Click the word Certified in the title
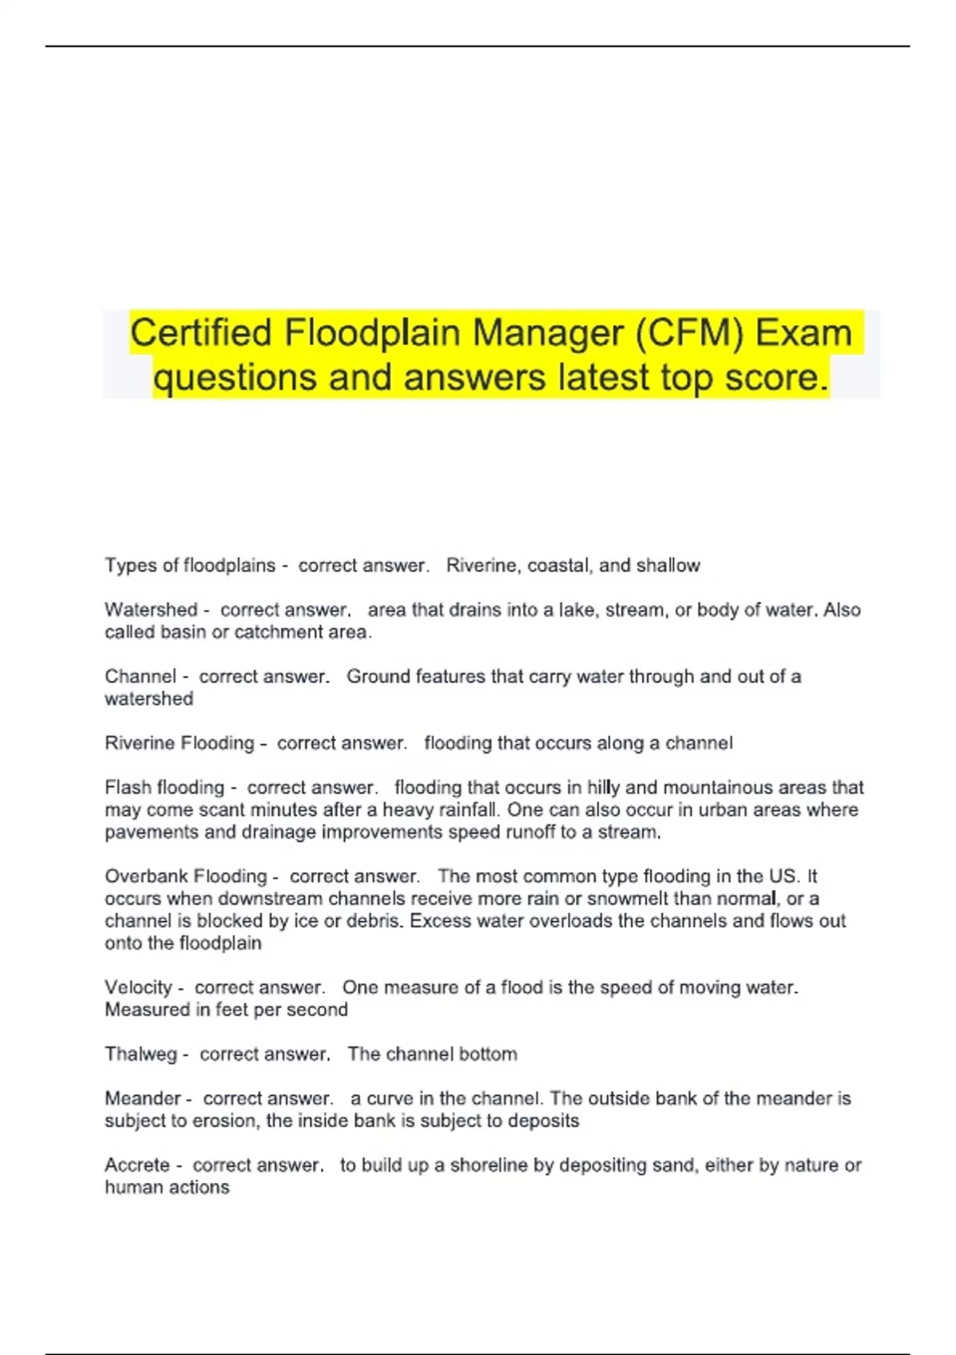[x=201, y=332]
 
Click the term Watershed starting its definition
[x=151, y=610]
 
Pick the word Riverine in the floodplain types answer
[x=480, y=565]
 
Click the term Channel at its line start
[x=140, y=677]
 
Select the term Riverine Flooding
[x=179, y=743]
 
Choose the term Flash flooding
[x=164, y=787]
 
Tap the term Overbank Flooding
[x=186, y=876]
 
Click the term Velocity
[x=138, y=988]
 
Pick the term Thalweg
[x=140, y=1054]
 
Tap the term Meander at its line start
[x=143, y=1098]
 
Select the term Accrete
[x=137, y=1165]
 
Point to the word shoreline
[x=490, y=1165]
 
